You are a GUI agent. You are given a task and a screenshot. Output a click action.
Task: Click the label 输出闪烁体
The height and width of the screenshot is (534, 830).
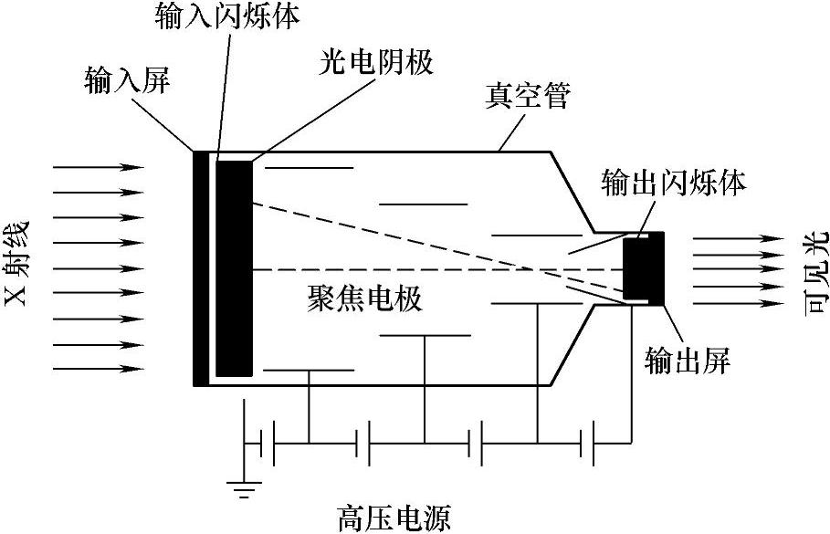(675, 181)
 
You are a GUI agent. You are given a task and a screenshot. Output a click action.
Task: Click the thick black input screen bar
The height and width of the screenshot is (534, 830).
(200, 267)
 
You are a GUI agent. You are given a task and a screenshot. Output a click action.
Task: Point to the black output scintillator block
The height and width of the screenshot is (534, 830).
(643, 269)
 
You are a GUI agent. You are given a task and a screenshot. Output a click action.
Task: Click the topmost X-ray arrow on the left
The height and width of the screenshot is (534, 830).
(99, 168)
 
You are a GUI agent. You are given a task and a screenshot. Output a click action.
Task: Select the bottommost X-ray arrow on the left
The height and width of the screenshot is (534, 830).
(99, 369)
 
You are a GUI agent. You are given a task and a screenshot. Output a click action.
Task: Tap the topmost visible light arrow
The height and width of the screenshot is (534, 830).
(738, 239)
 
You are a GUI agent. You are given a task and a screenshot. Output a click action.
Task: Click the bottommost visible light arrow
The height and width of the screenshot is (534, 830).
(738, 300)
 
